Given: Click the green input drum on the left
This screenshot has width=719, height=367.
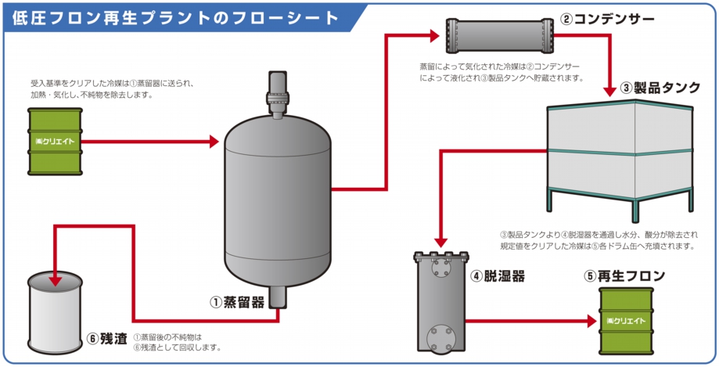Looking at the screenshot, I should coord(54,142).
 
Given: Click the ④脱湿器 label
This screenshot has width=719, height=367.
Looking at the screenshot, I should coord(497,276).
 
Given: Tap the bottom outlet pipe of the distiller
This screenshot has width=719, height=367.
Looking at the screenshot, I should coord(279,301).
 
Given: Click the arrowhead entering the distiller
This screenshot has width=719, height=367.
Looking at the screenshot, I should coord(214,142).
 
